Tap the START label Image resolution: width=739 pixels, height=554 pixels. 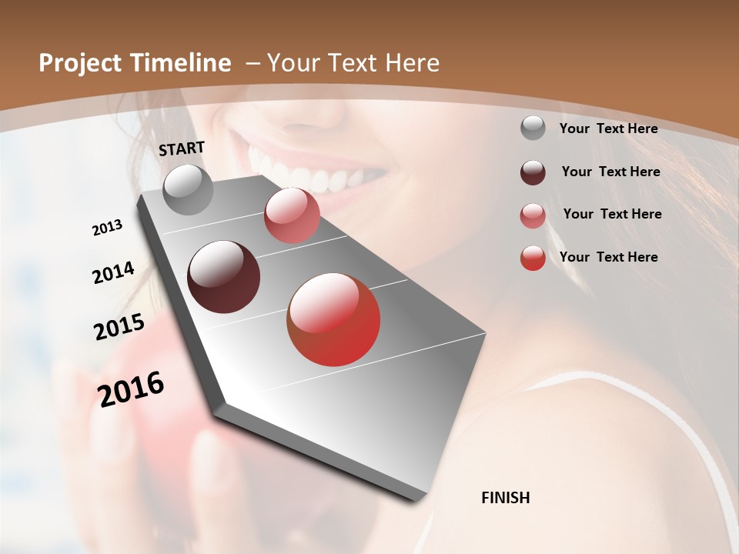click(182, 148)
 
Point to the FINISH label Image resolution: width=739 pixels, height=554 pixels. click(505, 498)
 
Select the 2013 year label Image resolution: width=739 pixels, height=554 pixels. click(108, 228)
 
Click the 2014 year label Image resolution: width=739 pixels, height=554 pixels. click(114, 272)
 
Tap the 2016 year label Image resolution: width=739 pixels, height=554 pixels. click(132, 389)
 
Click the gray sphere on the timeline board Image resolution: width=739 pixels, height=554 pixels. click(189, 189)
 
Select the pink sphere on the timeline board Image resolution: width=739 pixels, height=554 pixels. click(292, 215)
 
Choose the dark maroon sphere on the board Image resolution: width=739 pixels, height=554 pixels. click(224, 277)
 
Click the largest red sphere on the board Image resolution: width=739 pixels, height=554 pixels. click(333, 319)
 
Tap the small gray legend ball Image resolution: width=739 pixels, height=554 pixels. click(533, 128)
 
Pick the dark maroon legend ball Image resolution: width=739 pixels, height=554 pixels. click(533, 172)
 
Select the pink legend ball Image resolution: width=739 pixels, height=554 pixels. click(533, 215)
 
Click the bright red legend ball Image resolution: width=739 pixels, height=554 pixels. click(533, 258)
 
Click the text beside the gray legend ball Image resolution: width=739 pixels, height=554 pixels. click(608, 128)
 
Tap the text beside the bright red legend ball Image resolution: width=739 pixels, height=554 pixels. click(608, 257)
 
